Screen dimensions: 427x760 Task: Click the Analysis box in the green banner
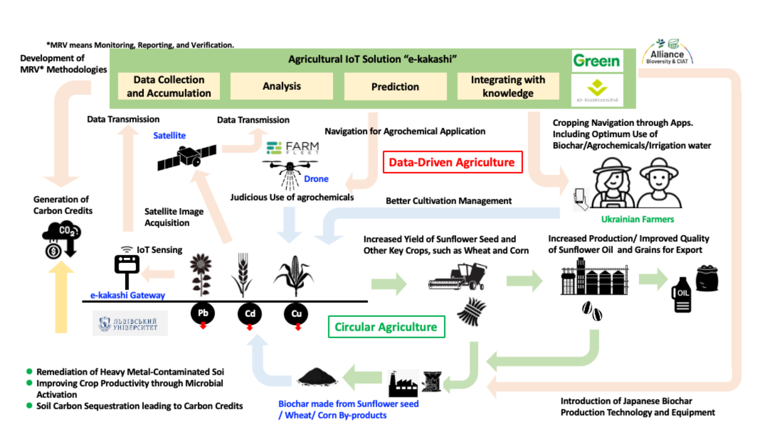point(282,86)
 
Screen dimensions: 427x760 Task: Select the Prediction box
point(395,87)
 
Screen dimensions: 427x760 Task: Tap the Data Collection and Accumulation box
point(169,86)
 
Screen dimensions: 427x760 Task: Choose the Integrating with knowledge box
point(508,86)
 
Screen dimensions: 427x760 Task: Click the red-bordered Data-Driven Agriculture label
point(452,162)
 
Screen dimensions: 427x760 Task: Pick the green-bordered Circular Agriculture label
point(386,327)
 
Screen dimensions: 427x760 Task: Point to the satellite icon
point(187,157)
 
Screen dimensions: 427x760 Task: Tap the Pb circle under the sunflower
point(203,314)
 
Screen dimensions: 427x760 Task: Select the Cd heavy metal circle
point(250,314)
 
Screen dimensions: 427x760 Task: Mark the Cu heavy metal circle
point(296,314)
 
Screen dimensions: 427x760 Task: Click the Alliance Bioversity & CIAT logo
point(667,52)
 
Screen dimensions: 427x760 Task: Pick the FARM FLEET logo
point(293,147)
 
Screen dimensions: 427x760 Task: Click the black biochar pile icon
point(317,377)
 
